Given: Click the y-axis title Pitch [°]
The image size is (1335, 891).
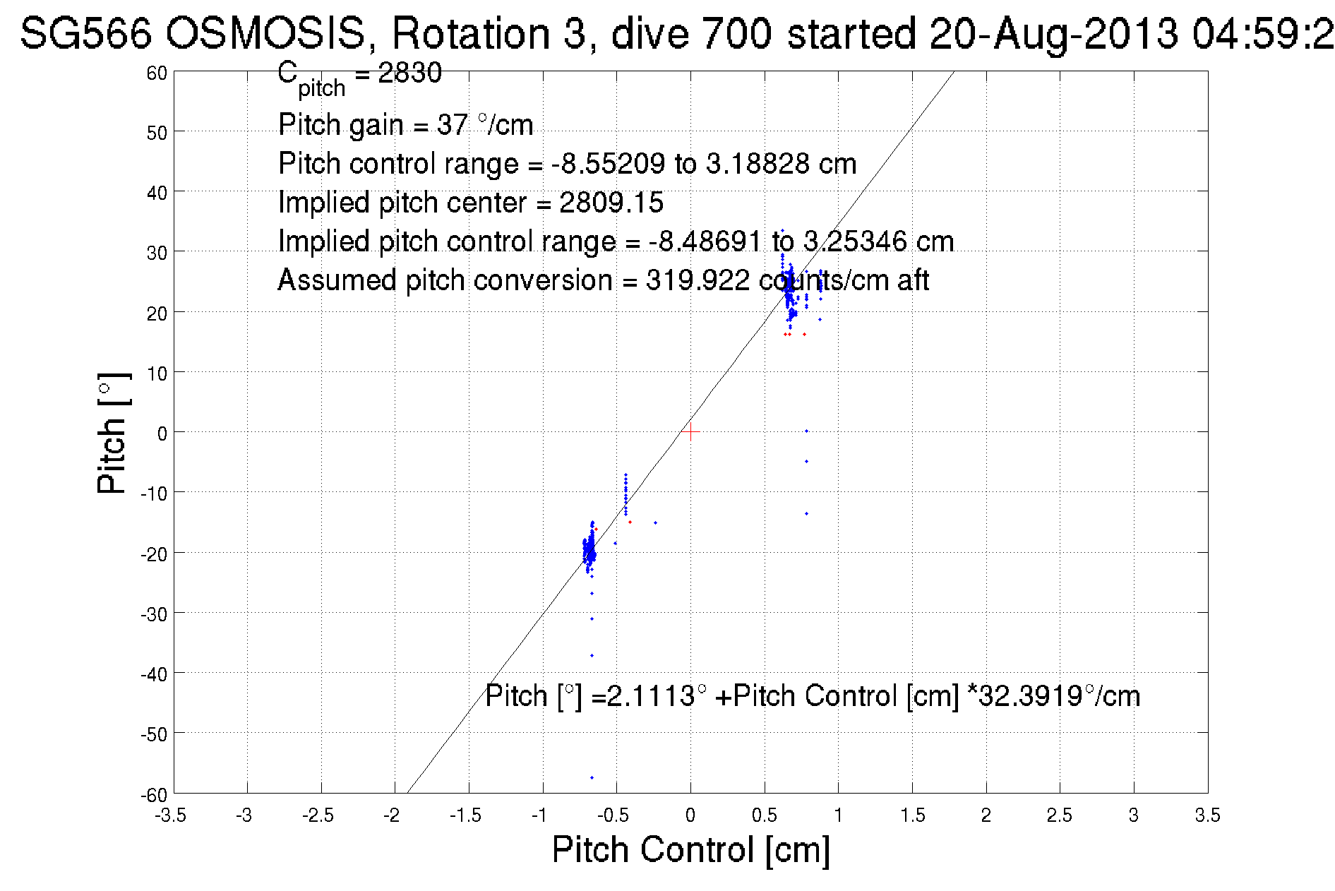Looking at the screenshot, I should click(x=112, y=433).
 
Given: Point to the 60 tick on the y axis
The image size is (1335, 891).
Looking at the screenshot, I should click(x=157, y=73).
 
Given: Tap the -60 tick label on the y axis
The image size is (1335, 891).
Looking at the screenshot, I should click(x=153, y=795).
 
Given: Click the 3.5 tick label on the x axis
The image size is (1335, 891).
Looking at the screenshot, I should click(x=1207, y=815).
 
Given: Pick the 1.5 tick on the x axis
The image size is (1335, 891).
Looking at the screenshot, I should click(x=912, y=815).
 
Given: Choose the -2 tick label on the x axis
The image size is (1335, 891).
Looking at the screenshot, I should click(x=392, y=815).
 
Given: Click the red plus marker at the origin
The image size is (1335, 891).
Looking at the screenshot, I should click(x=690, y=431).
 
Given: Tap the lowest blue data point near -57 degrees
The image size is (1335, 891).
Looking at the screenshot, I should click(x=592, y=777).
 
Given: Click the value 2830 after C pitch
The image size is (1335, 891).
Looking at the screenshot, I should click(x=409, y=73).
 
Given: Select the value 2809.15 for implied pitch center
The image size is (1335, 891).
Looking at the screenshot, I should click(x=611, y=203).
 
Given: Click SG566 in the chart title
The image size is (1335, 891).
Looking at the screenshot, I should click(x=85, y=33).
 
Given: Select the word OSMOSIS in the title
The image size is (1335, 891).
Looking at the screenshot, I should click(x=266, y=33).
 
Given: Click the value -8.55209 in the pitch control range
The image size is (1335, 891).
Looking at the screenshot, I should click(x=608, y=164).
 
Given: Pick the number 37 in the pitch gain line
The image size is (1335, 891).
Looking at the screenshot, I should click(x=452, y=125).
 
